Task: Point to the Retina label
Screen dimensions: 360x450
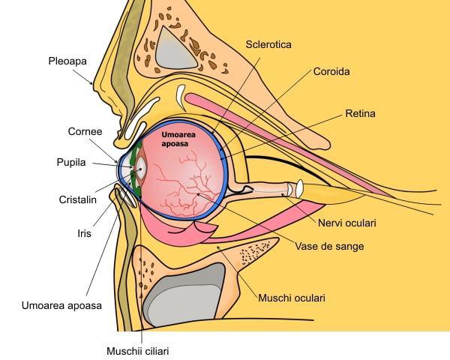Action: coord(360,114)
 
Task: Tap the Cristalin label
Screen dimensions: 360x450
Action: coord(76,200)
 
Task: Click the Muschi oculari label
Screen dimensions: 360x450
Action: coord(290,298)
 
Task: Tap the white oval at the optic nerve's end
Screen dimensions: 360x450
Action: coord(298,188)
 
